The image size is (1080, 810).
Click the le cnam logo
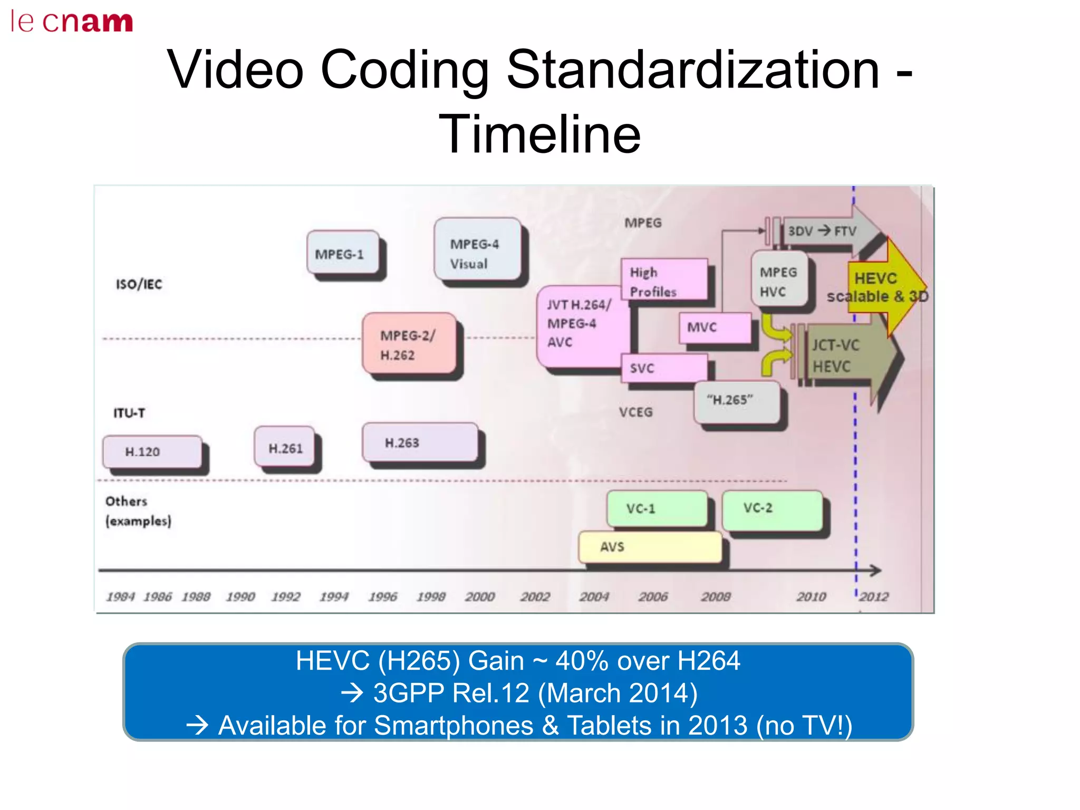(72, 22)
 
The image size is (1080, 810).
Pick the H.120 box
(152, 451)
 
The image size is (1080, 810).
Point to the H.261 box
(285, 448)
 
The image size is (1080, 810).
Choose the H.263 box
(420, 442)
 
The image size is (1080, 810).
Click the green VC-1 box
(657, 508)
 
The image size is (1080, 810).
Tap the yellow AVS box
(650, 547)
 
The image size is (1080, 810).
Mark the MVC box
(715, 327)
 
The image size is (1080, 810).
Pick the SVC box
(664, 368)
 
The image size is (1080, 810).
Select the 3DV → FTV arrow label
(822, 231)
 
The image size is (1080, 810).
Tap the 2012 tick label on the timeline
(874, 596)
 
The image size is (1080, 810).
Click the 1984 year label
(120, 596)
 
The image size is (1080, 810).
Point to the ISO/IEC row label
(139, 284)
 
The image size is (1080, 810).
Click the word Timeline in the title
(539, 134)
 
